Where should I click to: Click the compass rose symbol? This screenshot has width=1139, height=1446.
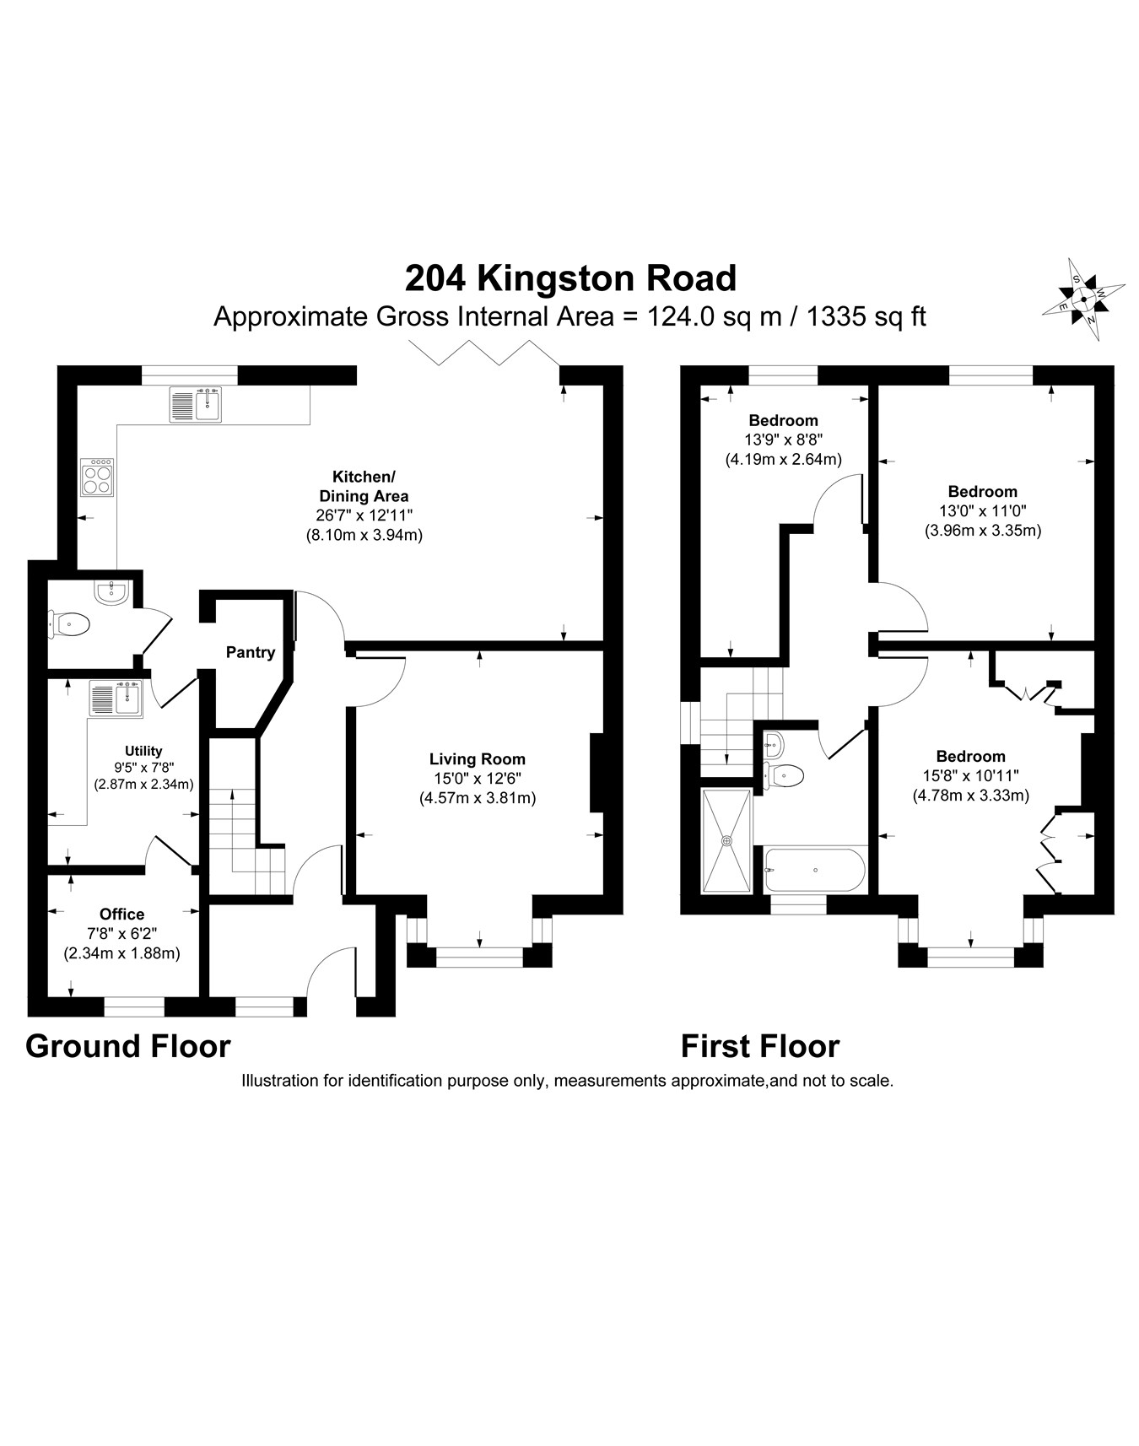[1083, 299]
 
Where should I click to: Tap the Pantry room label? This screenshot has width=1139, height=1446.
[251, 652]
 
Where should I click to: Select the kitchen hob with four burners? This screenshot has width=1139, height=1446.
[97, 478]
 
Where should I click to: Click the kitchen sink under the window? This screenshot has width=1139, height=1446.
[196, 404]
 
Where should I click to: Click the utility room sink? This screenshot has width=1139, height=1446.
[116, 697]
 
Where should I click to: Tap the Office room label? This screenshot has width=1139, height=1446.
[121, 914]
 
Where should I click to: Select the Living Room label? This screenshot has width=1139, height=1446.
[477, 759]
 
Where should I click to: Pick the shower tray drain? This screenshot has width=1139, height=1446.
[726, 840]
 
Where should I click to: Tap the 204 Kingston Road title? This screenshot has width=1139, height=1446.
[570, 278]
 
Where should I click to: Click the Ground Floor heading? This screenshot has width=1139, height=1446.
[128, 1046]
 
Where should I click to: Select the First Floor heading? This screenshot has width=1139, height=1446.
[760, 1046]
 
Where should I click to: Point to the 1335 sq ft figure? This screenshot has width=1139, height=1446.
[866, 316]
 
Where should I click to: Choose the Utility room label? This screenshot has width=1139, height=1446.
[143, 751]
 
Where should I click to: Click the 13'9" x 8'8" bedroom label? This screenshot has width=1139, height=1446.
[783, 420]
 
